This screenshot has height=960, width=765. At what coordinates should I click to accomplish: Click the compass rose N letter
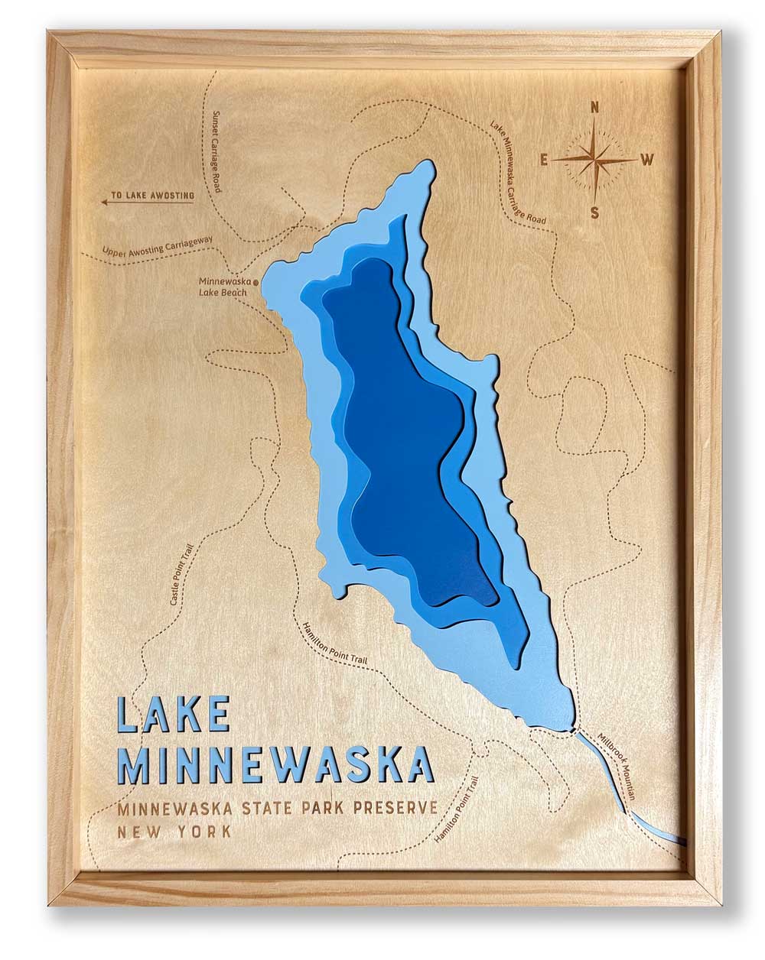(594, 108)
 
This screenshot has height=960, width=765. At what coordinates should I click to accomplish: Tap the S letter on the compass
(594, 212)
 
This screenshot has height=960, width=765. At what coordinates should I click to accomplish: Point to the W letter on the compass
(647, 160)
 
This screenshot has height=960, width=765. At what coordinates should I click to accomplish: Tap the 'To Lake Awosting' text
(152, 196)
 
